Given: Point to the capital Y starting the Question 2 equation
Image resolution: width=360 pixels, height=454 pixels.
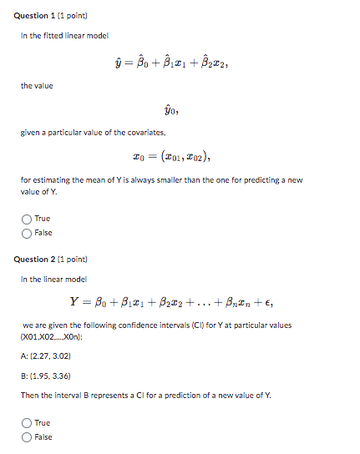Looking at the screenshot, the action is click(x=74, y=301).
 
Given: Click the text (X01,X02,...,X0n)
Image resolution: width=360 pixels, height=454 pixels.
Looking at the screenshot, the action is click(x=53, y=336).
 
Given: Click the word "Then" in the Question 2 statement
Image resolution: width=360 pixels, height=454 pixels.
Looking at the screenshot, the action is click(x=30, y=395).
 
